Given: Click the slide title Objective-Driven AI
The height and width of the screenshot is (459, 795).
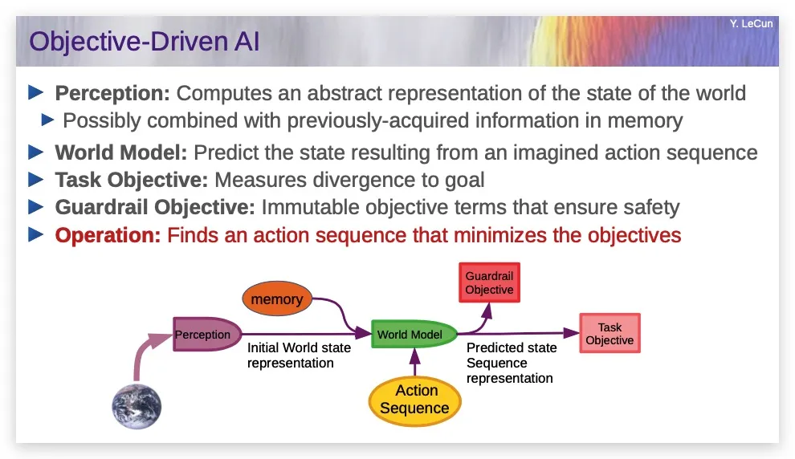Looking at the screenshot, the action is (x=144, y=42).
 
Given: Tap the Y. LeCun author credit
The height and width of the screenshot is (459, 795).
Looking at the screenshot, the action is (x=751, y=23).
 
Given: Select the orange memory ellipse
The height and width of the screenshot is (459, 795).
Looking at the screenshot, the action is (x=277, y=299).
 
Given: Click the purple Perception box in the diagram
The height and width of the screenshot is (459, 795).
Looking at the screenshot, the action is (x=206, y=335).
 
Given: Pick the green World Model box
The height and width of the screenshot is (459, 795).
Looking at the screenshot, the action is (x=414, y=335).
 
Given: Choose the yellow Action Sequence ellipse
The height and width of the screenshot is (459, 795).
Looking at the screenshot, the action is (x=414, y=400).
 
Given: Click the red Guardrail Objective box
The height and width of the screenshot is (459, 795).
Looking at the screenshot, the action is (x=489, y=282).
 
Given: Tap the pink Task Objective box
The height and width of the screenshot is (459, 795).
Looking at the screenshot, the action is (x=609, y=333).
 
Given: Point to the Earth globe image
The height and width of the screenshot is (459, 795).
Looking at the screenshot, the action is (x=137, y=406).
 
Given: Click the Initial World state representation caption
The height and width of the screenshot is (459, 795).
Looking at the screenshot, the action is (x=300, y=355).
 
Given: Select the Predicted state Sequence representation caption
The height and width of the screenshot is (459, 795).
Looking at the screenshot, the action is (x=511, y=363).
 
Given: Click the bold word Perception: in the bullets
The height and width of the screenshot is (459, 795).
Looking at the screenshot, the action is (x=112, y=93).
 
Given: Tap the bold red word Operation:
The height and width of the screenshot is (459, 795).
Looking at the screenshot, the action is (x=108, y=235).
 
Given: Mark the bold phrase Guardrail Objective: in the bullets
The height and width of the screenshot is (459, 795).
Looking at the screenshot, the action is (x=155, y=207).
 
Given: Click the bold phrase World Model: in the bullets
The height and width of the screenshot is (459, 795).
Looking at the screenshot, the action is (x=121, y=152).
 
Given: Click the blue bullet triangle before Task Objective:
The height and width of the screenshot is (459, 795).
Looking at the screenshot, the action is (x=36, y=179).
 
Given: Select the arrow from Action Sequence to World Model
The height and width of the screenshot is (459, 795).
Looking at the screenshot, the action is (x=414, y=362).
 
